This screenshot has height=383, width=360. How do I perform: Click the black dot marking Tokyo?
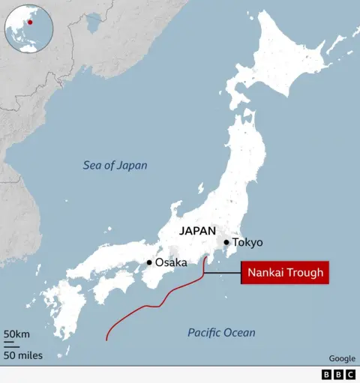[x=226, y=243]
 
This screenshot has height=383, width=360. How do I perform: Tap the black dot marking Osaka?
[x=149, y=262]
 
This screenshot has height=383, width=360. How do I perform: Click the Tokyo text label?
[x=247, y=243]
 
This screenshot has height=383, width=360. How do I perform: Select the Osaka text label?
[x=172, y=262]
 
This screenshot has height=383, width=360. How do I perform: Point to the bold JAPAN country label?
[x=197, y=232]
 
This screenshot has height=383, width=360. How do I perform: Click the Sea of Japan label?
[x=115, y=166]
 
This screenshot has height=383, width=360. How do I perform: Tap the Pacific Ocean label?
[x=221, y=332]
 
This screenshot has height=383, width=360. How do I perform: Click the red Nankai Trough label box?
[x=284, y=273]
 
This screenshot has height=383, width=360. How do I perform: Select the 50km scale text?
[x=16, y=334]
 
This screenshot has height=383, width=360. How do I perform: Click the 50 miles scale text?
[x=22, y=355]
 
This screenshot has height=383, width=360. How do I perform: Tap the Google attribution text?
[x=342, y=359]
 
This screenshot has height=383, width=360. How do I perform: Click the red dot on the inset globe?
[x=30, y=22]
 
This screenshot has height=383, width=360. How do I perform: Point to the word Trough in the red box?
[x=305, y=273]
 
